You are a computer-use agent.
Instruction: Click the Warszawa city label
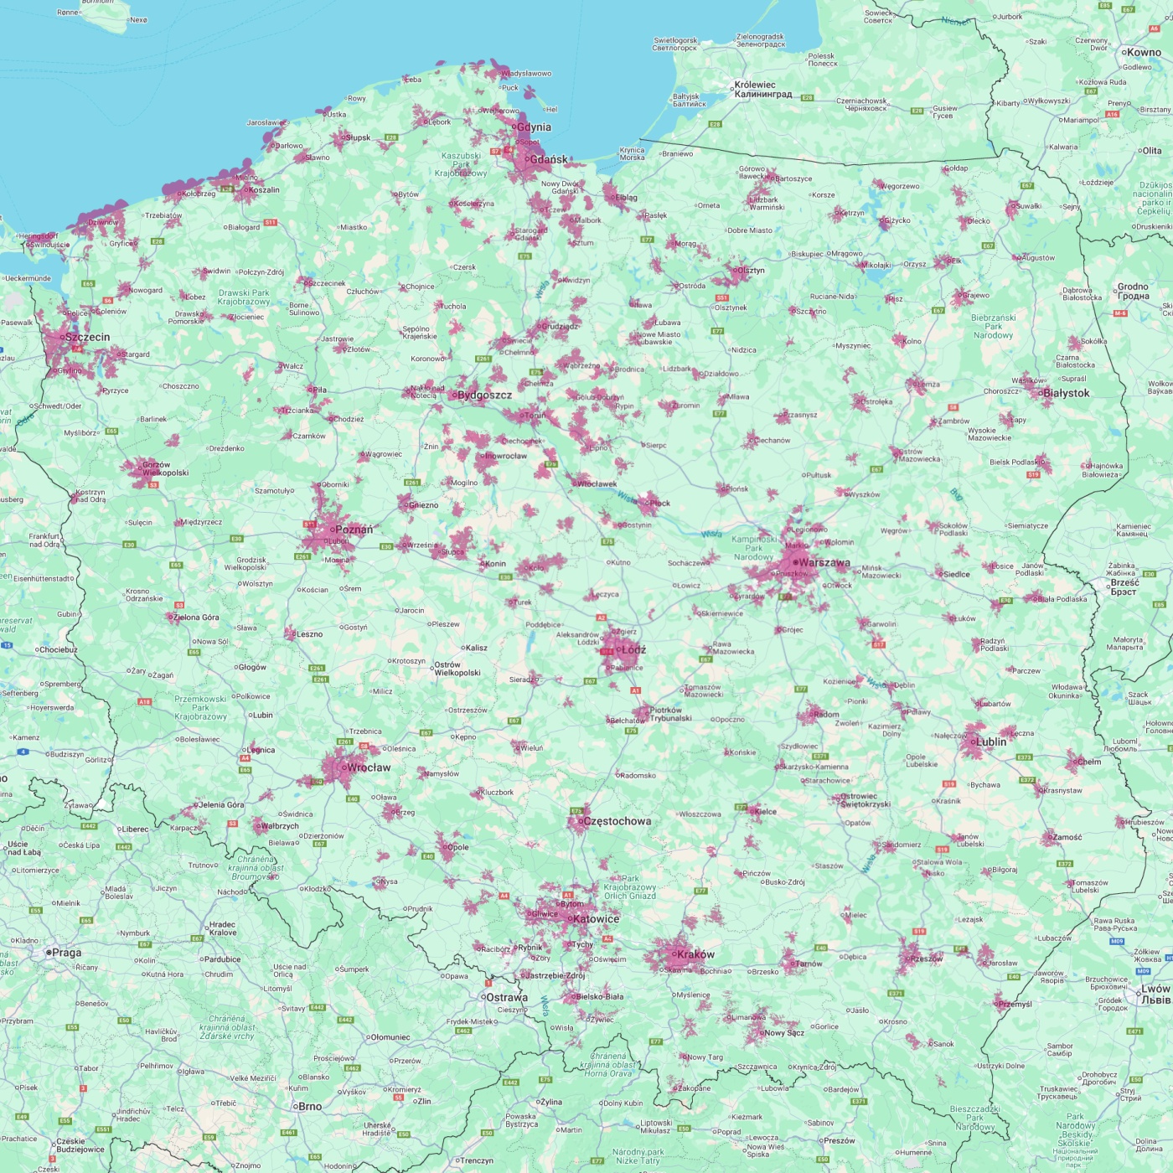[x=824, y=563]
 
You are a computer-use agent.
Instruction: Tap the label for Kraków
[x=695, y=954]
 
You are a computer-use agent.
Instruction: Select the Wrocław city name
[x=369, y=767]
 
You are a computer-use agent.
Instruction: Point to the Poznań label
[x=354, y=530]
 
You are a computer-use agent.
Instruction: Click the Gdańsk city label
[x=549, y=159]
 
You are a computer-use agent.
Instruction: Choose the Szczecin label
[x=87, y=337]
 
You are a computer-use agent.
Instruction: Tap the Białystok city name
[x=1067, y=393]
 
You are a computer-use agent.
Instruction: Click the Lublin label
[x=991, y=742]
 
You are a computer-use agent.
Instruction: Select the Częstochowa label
[x=617, y=821]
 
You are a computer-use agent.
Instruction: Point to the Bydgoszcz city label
[x=484, y=395]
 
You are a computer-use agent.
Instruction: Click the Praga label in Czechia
[x=67, y=953]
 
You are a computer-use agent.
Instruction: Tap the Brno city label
[x=310, y=1106]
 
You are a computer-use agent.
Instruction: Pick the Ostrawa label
[x=507, y=997]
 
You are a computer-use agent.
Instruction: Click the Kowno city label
[x=1144, y=52]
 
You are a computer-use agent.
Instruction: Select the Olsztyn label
[x=751, y=271]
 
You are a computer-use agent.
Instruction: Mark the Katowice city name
[x=597, y=919]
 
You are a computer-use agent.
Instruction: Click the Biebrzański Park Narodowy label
[x=993, y=327]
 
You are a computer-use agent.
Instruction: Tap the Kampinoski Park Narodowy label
[x=754, y=548]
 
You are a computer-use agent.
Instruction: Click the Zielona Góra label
[x=197, y=618]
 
